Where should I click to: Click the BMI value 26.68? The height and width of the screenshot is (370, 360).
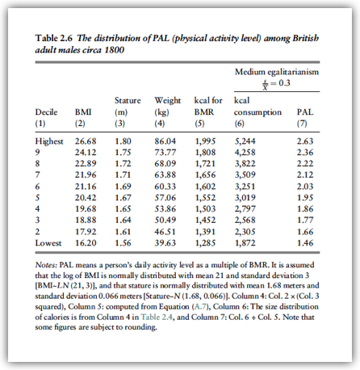tap(86, 141)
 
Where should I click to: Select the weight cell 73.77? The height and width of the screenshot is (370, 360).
tap(165, 153)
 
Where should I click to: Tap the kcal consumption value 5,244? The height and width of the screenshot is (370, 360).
tap(245, 141)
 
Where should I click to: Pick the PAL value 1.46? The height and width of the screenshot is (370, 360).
tap(305, 243)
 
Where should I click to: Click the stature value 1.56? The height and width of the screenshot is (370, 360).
tap(123, 243)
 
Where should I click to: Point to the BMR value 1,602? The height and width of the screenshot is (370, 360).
tap(205, 187)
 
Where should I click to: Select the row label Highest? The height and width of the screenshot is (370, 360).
tap(49, 141)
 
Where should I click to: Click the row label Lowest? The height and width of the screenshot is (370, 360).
tap(48, 243)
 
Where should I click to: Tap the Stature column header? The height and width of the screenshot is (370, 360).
tap(128, 100)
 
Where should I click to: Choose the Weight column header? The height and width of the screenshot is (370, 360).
tap(168, 101)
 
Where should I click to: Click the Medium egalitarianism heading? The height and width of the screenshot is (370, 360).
tap(277, 72)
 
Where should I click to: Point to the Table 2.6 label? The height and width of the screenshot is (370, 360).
tap(54, 38)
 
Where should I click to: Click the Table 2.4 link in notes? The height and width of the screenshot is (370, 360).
tap(157, 317)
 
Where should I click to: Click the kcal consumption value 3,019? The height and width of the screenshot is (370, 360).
tap(245, 198)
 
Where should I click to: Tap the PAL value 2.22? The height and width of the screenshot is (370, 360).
tap(305, 163)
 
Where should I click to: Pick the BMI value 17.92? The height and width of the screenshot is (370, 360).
tap(86, 232)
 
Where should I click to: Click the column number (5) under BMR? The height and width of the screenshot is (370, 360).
tap(199, 124)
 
